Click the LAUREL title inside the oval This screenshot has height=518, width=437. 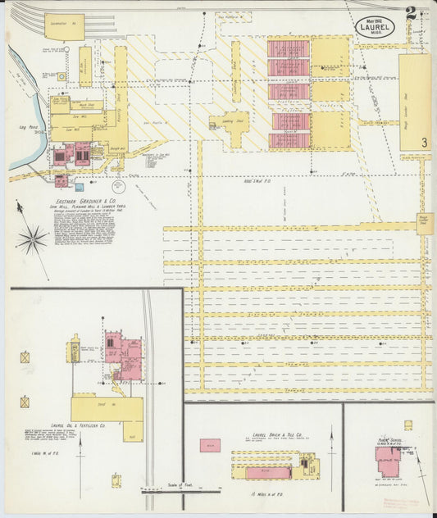[x=375, y=26]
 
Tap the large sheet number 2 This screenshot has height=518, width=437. [x=409, y=14]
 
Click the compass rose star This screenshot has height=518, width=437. [x=32, y=239]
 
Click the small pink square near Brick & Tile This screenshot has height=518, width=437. [x=210, y=445]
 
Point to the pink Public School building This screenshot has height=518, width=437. [x=387, y=461]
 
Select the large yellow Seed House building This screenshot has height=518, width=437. [x=107, y=407]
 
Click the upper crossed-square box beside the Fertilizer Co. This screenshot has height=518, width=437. [x=25, y=357]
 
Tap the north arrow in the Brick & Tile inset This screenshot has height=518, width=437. [x=332, y=455]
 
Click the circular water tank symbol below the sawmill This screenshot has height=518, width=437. [x=119, y=185]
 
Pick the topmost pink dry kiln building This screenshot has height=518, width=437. [x=289, y=48]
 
